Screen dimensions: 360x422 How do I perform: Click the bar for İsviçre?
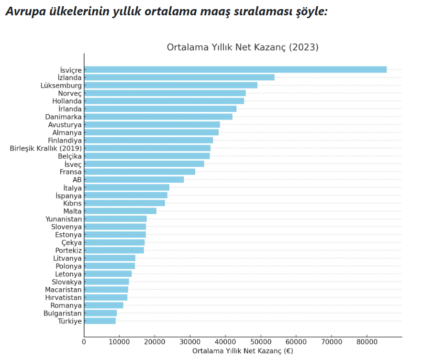[235, 69]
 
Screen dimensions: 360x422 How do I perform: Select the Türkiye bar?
[100, 321]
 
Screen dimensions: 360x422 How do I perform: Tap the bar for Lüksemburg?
[171, 85]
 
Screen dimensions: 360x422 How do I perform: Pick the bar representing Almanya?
[151, 132]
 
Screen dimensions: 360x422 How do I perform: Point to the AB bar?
[134, 179]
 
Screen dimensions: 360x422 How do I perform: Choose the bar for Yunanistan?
[115, 219]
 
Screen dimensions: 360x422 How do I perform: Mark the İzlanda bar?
[179, 77]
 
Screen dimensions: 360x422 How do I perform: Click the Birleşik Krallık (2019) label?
[46, 148]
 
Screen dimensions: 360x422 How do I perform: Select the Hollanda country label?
[67, 101]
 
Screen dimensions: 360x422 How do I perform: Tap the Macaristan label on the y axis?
[63, 290]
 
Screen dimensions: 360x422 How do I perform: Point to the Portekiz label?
[68, 251]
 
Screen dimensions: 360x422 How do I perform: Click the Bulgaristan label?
[63, 313]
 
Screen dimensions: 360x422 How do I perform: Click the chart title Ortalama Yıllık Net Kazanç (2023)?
[242, 47]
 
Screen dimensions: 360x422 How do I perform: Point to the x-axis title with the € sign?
[243, 351]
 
